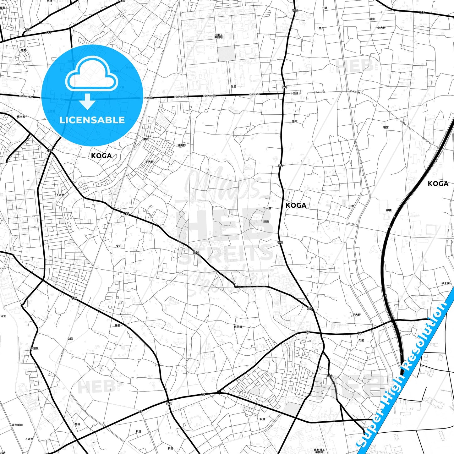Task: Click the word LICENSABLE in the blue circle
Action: pyautogui.click(x=92, y=120)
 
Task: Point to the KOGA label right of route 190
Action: pyautogui.click(x=296, y=205)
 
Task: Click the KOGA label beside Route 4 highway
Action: pyautogui.click(x=438, y=184)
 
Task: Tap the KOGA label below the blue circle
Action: pyautogui.click(x=101, y=156)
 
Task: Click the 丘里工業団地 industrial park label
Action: pyautogui.click(x=218, y=36)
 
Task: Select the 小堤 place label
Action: pyautogui.click(x=324, y=8)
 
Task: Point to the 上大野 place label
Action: pyautogui.click(x=381, y=28)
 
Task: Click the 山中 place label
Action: pyautogui.click(x=351, y=206)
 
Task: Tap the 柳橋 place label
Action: pyautogui.click(x=389, y=211)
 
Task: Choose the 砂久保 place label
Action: pyautogui.click(x=446, y=283)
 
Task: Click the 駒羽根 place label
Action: pyautogui.click(x=238, y=327)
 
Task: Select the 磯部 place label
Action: pyautogui.click(x=117, y=325)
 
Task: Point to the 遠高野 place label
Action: pyautogui.click(x=182, y=145)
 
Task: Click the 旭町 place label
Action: pyautogui.click(x=24, y=50)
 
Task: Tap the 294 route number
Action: pyautogui.click(x=28, y=30)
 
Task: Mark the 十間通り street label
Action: pyautogui.click(x=295, y=93)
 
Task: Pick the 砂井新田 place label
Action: pyautogui.click(x=17, y=425)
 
